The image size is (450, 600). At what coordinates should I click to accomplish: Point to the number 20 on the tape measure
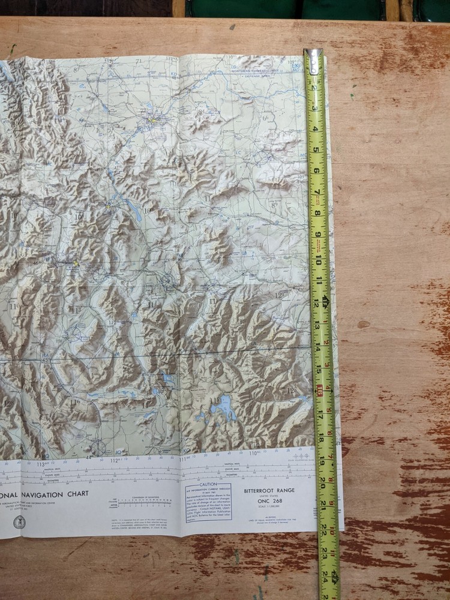(325, 480)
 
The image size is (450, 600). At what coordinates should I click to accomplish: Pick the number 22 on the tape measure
(326, 529)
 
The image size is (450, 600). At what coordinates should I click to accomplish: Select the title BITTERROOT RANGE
(268, 491)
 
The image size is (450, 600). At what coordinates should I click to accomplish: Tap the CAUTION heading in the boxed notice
(208, 484)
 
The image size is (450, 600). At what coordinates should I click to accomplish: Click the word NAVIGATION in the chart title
(57, 494)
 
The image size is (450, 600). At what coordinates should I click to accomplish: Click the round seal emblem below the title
(19, 521)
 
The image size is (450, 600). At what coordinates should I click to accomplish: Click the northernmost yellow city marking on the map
(154, 121)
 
